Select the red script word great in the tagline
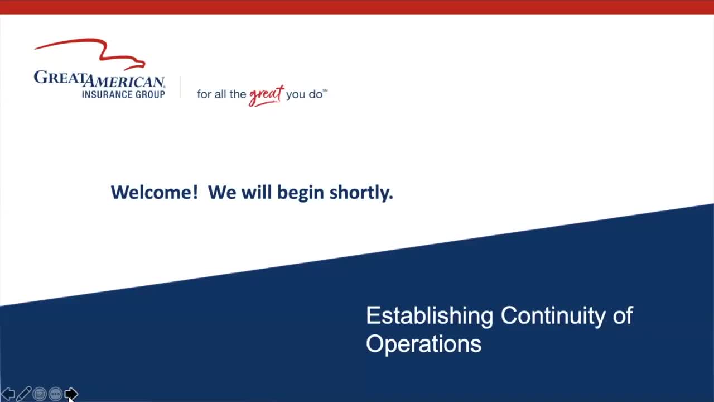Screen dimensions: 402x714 pos(266,94)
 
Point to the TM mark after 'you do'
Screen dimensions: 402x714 pos(325,90)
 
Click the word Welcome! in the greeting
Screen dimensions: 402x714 pos(154,192)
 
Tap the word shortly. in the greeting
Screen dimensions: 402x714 pos(361,193)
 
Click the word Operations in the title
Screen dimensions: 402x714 pos(423,344)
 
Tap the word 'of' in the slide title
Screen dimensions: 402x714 pos(623,315)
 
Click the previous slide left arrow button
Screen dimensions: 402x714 pos(8,394)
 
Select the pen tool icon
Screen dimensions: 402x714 pos(23,394)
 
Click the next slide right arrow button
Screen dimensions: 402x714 pos(71,394)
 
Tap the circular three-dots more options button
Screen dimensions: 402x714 pos(55,394)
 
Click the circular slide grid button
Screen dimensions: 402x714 pos(40,394)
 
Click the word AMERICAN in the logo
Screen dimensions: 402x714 pos(124,82)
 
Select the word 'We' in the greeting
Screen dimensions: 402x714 pos(222,192)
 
